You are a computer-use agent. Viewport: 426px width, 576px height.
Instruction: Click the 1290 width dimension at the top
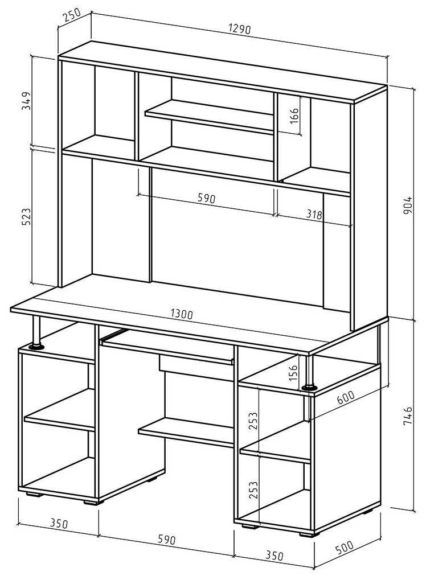tap(239, 29)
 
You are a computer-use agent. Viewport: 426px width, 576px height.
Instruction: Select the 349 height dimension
tap(26, 101)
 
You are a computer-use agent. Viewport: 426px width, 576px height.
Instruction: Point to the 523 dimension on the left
tap(26, 217)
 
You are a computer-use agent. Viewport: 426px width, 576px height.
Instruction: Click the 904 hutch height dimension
tap(408, 205)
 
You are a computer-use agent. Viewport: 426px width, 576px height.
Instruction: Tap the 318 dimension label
tap(314, 214)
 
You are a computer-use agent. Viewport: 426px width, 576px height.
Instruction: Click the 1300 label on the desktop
tap(182, 314)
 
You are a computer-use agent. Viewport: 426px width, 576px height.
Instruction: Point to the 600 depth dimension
tap(346, 397)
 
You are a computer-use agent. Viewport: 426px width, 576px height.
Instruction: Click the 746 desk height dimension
tap(408, 416)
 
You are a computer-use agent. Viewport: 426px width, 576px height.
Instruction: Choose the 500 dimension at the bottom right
tap(344, 548)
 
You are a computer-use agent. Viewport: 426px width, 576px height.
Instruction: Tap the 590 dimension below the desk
tap(167, 539)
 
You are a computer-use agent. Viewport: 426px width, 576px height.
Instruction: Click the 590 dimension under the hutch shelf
tap(206, 198)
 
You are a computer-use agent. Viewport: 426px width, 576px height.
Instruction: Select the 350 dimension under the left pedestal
tap(59, 524)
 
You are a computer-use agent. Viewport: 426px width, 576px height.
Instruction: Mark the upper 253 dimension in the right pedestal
tap(253, 421)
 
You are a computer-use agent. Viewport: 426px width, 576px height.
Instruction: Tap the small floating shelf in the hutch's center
tap(209, 117)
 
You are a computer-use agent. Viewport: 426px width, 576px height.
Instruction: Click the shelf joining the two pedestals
tap(186, 431)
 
